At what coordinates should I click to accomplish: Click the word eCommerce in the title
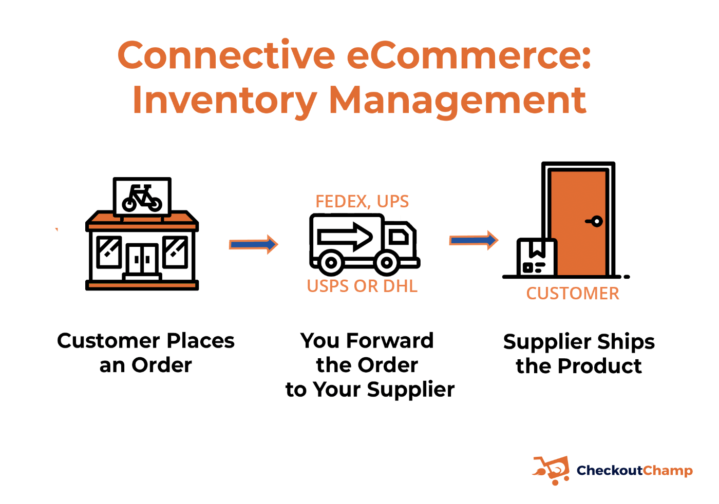click(468, 55)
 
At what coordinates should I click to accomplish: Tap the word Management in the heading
click(458, 101)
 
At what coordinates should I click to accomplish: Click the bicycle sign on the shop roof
click(142, 197)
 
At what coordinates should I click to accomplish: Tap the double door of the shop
click(142, 260)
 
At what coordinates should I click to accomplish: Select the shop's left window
click(109, 252)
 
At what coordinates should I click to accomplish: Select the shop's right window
click(175, 252)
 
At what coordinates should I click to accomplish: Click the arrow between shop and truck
click(253, 244)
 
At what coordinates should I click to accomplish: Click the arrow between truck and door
click(474, 240)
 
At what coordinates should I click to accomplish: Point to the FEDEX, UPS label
click(362, 202)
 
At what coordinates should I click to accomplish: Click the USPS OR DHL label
click(362, 286)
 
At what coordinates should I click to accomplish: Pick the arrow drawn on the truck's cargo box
click(345, 237)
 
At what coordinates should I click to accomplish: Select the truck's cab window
click(399, 237)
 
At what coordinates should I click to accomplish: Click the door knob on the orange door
click(595, 221)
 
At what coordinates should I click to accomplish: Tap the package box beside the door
click(537, 257)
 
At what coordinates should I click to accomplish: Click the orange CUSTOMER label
click(573, 293)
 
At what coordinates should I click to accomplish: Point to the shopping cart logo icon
click(552, 470)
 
